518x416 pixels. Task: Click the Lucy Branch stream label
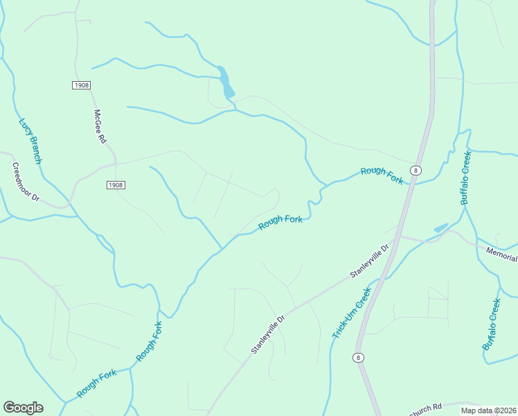pos(30,141)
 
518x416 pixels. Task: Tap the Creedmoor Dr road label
pos(26,182)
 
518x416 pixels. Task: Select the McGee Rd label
pos(100,126)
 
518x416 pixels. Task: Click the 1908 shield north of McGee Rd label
pos(81,85)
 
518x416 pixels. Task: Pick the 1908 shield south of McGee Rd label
pos(116,185)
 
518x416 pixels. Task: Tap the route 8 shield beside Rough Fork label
pos(415,170)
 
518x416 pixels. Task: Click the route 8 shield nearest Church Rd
pos(357,357)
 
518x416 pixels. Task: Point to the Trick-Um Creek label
pos(351,313)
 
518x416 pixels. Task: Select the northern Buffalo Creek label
pos(466,177)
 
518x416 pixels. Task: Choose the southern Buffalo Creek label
pos(491,324)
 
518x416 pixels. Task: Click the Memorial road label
pos(501,254)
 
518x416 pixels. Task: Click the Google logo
pos(23,408)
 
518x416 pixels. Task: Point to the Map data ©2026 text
pos(488,410)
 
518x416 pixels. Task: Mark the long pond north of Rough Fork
pos(225,83)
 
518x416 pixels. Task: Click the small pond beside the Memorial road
pos(440,227)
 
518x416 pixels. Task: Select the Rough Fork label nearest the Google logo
pos(96,383)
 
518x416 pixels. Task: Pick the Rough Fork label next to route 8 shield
pos(382,175)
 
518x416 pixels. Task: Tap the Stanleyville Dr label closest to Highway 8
pos(371,260)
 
